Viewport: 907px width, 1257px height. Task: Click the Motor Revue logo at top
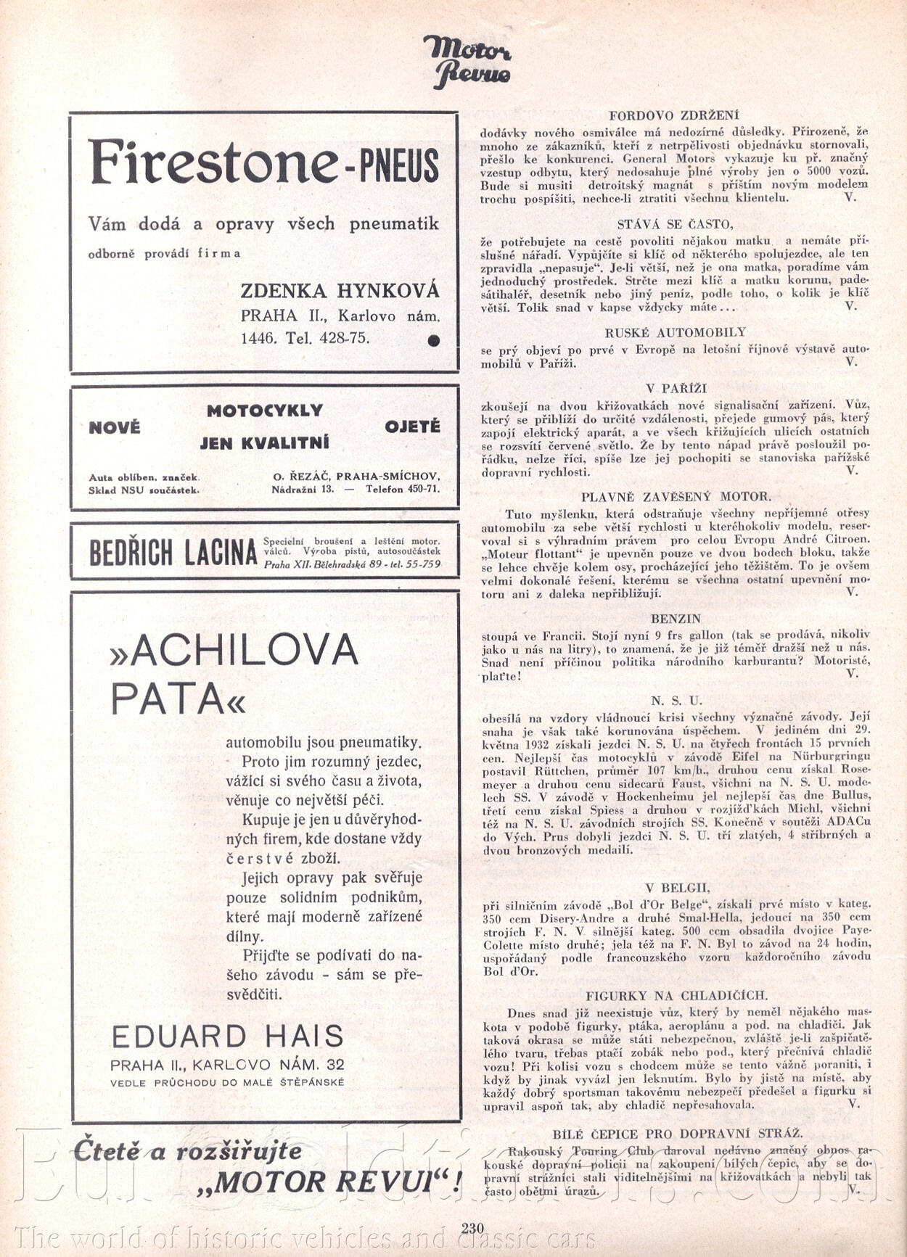(467, 61)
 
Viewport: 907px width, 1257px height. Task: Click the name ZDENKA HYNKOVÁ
(340, 291)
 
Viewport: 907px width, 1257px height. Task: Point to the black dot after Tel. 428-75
(433, 339)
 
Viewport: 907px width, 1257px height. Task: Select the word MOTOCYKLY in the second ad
(265, 411)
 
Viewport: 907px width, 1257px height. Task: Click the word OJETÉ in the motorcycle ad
(412, 426)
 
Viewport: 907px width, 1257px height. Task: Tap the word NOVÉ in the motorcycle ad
(115, 427)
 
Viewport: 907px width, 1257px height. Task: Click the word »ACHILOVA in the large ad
(234, 650)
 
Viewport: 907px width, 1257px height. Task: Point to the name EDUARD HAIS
(227, 1036)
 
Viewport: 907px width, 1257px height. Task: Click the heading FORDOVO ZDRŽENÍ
(673, 115)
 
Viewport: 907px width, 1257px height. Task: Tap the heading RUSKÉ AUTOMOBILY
(675, 332)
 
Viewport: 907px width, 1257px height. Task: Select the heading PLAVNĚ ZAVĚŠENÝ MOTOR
(676, 497)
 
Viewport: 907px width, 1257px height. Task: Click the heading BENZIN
(676, 619)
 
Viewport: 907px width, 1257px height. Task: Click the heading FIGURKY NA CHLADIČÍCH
(676, 996)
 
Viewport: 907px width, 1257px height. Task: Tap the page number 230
(472, 1227)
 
